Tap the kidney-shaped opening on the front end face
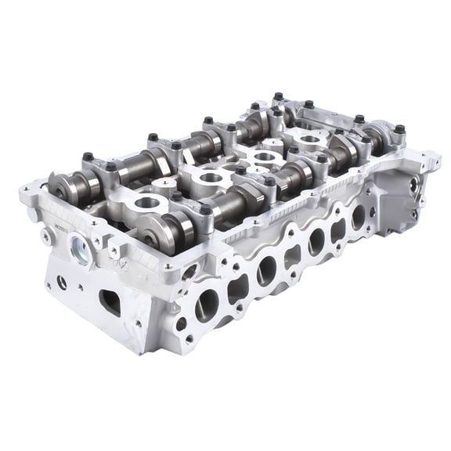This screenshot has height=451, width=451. tap(110, 302)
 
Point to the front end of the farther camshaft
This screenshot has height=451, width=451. tap(62, 186)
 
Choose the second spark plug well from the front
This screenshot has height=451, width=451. tap(211, 179)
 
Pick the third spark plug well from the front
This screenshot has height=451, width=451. tap(265, 157)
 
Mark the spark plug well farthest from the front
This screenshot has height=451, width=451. tap(311, 140)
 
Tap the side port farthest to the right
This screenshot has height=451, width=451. tap(359, 218)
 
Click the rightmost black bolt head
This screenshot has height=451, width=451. tap(399, 129)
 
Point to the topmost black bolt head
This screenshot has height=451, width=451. tap(278, 96)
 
